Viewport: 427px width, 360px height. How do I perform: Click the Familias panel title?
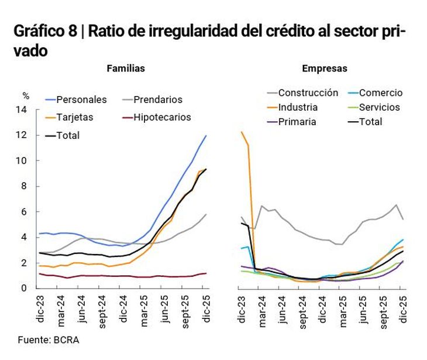pos(126,68)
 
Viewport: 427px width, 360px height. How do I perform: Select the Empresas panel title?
pos(325,68)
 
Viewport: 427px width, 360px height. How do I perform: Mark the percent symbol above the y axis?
pos(25,95)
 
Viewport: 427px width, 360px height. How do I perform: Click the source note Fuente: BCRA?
pos(48,340)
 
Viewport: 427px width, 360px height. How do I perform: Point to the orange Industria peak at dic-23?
pos(242,132)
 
